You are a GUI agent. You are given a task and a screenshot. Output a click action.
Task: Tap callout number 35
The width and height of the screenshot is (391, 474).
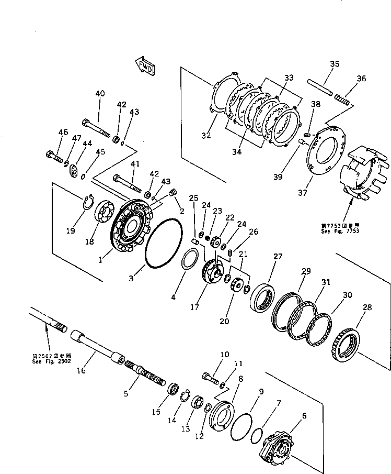tap(335, 64)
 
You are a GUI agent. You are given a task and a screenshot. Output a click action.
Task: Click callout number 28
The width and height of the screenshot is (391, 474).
tap(367, 307)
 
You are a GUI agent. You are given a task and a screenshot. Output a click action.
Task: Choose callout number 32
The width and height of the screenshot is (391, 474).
tap(205, 135)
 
